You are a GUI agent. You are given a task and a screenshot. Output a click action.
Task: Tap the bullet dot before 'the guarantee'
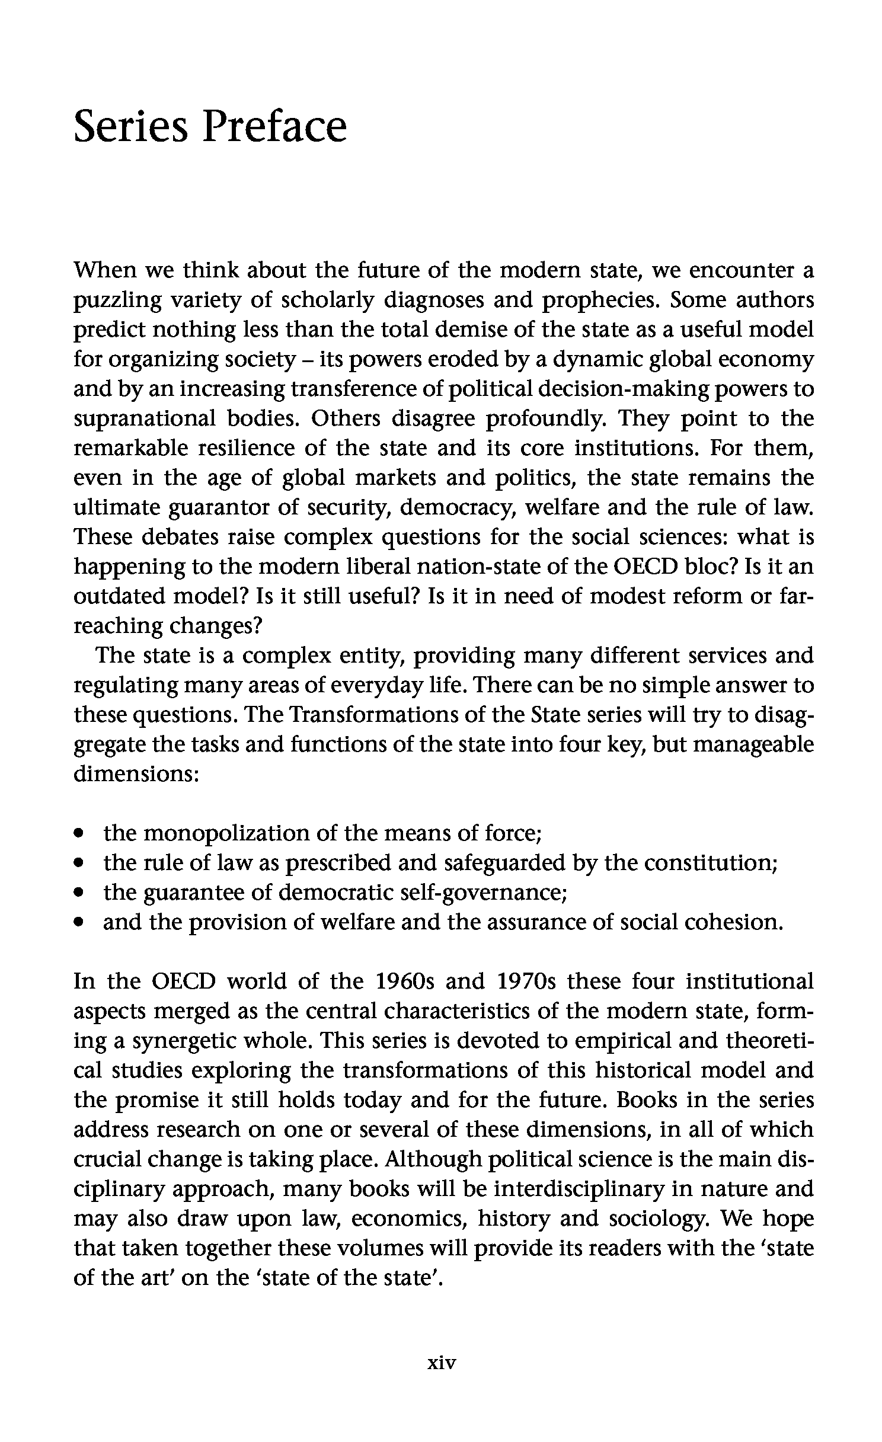(78, 893)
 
